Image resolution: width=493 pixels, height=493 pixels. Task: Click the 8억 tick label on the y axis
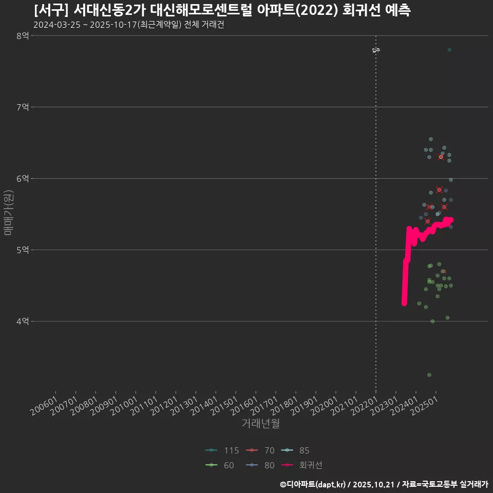point(23,35)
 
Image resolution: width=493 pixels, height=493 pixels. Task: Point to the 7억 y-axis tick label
point(23,107)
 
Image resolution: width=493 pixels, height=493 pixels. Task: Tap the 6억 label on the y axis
point(23,178)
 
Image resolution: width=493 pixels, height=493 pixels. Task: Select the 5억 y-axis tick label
point(23,250)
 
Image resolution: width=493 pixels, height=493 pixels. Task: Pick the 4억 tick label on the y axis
point(23,321)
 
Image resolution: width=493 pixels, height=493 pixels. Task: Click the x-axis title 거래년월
point(260,424)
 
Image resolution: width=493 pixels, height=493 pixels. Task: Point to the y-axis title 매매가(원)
point(8,213)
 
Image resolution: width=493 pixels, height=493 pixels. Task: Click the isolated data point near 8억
point(449,50)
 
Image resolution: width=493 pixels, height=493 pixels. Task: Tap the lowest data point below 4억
point(429,375)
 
